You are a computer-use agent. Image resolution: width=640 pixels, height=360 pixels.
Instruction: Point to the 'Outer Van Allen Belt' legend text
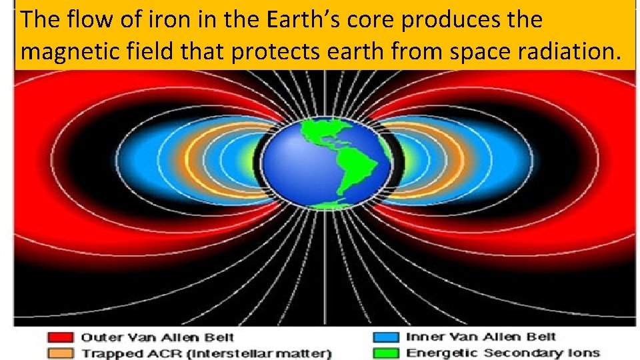tap(157, 338)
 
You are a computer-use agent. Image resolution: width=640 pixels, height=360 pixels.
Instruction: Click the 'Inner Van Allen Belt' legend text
tap(481, 337)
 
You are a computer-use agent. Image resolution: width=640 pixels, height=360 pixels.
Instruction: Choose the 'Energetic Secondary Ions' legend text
tap(503, 353)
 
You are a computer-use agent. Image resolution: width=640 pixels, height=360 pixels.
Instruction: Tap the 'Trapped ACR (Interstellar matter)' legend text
tap(207, 353)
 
